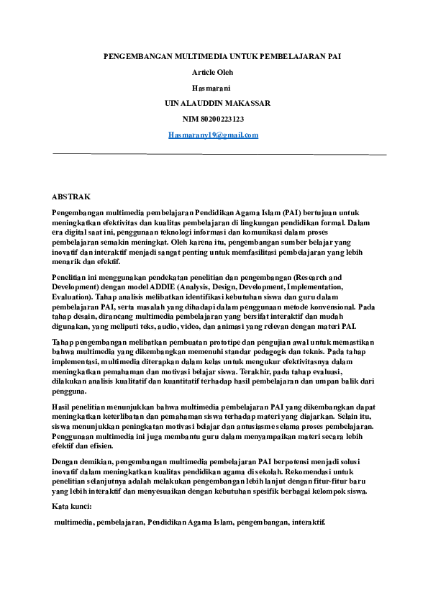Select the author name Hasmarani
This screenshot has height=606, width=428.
tap(212, 87)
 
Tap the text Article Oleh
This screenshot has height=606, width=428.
tap(212, 72)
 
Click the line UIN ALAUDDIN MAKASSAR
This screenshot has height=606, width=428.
tap(217, 103)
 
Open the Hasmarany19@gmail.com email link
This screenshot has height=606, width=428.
tap(213, 135)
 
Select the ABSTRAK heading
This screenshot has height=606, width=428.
tap(71, 196)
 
